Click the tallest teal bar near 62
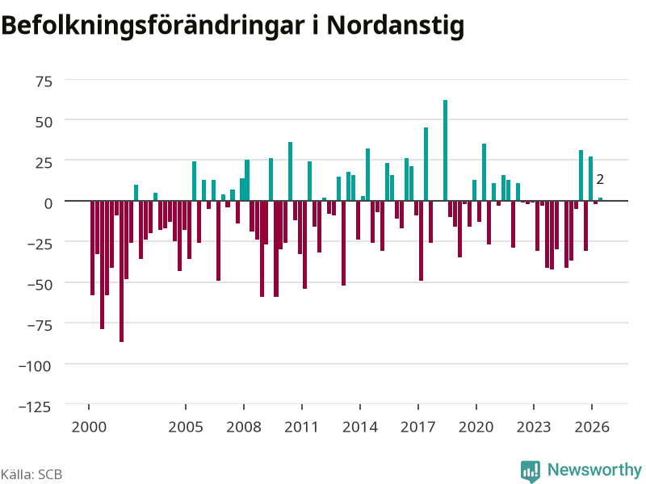click(445, 150)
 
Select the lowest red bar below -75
click(122, 271)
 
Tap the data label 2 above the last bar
click(600, 179)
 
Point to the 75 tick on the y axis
click(44, 81)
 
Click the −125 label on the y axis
click(35, 407)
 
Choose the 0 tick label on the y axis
click(48, 203)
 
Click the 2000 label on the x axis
click(89, 428)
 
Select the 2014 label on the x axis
click(360, 428)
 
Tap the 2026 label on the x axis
click(592, 428)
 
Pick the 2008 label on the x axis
click(244, 428)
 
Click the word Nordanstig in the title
click(396, 26)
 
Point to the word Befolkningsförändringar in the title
click(153, 26)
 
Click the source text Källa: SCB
click(31, 474)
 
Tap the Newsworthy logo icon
click(531, 471)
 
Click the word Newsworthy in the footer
click(594, 469)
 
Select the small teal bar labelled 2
click(600, 199)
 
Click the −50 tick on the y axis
click(40, 285)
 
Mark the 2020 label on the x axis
click(476, 428)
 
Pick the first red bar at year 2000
click(92, 248)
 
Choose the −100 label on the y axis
click(35, 366)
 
